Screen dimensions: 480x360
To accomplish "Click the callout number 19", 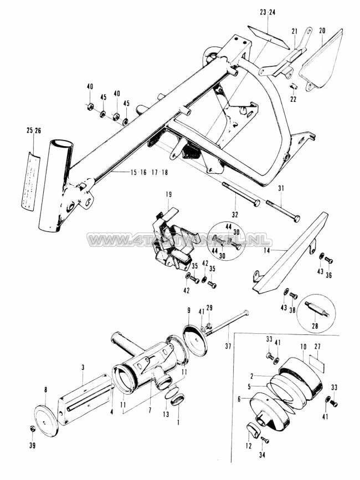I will pyautogui.click(x=168, y=194).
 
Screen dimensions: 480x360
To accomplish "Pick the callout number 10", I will pyautogui.click(x=303, y=346).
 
